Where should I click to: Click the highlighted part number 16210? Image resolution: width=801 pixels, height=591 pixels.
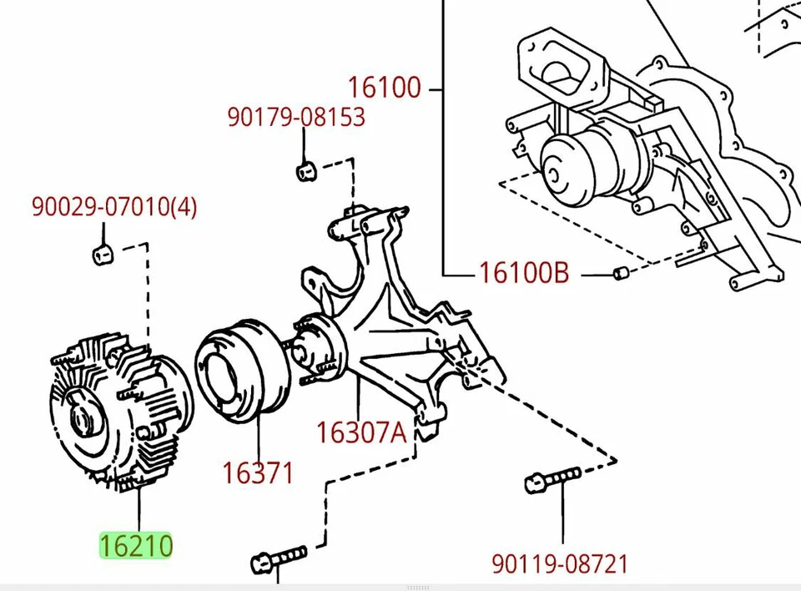point(136,546)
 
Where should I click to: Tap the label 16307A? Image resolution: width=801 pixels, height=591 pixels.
point(360,432)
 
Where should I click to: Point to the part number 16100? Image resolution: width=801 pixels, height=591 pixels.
point(385,87)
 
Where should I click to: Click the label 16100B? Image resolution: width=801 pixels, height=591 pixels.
point(523,273)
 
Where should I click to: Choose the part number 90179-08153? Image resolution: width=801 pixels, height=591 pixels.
point(296,117)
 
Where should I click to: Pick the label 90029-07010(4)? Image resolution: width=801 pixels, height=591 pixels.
point(114,206)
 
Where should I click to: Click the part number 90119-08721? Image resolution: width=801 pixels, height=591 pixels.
point(559,564)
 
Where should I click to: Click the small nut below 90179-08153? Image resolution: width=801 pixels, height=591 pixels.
point(305,172)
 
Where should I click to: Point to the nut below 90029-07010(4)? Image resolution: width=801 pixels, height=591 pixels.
point(102,253)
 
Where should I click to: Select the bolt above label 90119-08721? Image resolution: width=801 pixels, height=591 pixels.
point(552,479)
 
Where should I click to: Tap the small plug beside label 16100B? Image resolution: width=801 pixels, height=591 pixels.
point(620,273)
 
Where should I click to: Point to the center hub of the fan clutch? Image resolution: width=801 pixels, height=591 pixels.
point(82,417)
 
